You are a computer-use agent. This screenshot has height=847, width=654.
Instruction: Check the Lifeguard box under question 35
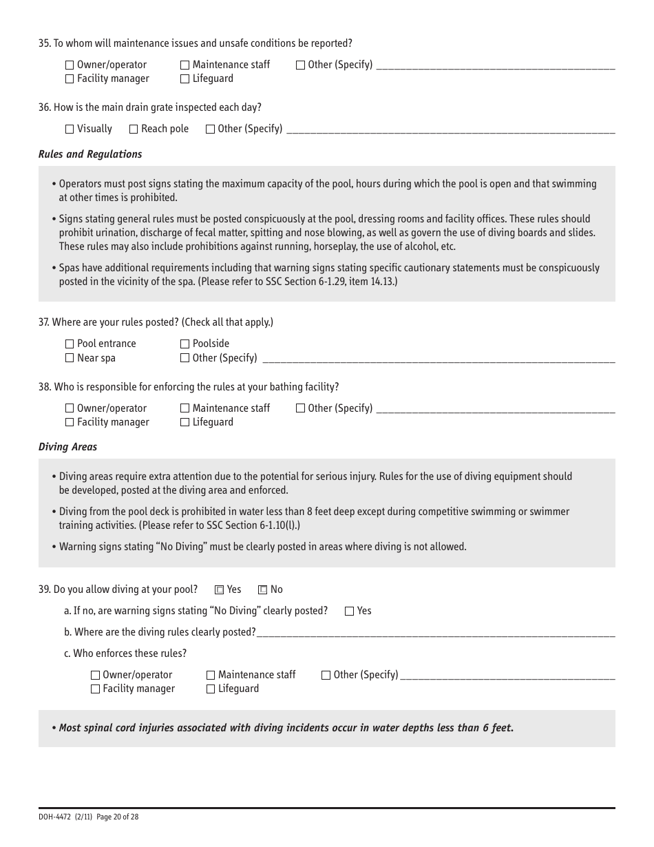pos(184,79)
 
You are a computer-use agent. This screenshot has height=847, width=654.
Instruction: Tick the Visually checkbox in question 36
pos(70,129)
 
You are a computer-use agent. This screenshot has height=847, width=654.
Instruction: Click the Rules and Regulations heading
pos(90,154)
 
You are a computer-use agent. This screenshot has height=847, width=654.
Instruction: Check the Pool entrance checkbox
pos(70,344)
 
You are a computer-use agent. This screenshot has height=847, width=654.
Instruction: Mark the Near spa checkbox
pos(70,358)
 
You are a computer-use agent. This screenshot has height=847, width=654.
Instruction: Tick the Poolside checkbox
pos(184,344)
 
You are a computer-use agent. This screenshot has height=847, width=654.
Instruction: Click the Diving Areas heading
pos(67,447)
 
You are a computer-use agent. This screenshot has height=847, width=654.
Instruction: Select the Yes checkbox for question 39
pos(220,589)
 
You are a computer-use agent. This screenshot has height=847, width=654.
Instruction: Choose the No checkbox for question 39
pos(262,589)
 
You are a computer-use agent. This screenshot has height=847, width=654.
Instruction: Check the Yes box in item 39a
pos(349,611)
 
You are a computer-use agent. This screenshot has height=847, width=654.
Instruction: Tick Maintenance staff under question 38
pos(184,408)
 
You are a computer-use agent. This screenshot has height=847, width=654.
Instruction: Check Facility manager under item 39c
pos(96,689)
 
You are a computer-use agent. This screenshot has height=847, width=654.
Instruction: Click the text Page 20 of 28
pos(118,817)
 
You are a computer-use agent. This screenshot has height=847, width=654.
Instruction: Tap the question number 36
pos(44,107)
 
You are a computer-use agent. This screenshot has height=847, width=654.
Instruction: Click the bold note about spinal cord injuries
pos(286,728)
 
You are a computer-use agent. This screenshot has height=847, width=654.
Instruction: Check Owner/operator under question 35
pos(70,65)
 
